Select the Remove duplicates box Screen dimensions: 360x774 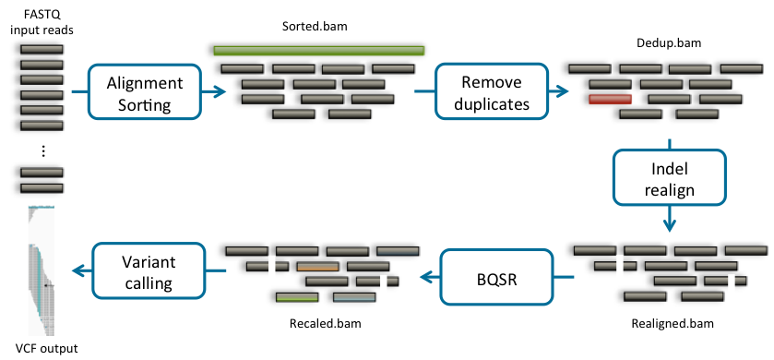488,93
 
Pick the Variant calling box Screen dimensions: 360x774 148,270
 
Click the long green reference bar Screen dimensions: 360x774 318,51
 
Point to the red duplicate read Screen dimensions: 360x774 610,99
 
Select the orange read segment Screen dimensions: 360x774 317,267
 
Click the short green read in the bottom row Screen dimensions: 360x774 297,297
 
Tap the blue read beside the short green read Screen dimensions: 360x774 353,297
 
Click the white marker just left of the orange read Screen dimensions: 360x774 272,267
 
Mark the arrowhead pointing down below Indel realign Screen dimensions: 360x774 671,225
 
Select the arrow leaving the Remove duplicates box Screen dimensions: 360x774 558,91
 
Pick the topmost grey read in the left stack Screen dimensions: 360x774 42,48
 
